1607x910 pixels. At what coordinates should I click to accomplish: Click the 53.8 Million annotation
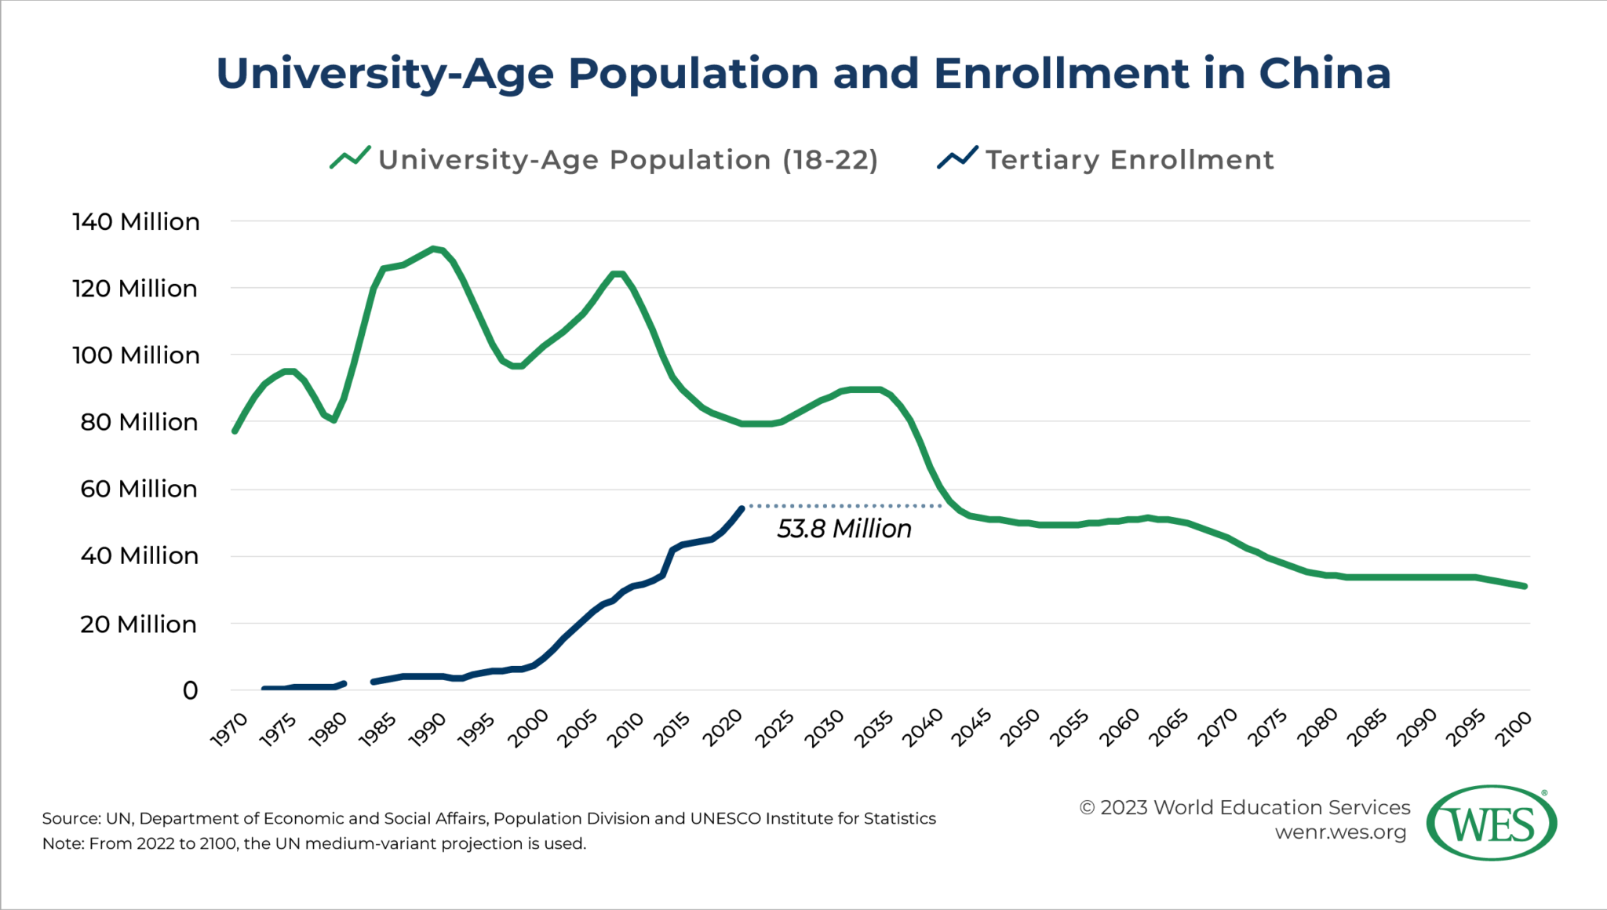(x=844, y=529)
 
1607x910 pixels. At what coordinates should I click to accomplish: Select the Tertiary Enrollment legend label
(x=1129, y=160)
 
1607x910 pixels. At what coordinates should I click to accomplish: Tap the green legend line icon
(x=350, y=158)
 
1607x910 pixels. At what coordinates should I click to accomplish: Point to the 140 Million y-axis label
(x=136, y=222)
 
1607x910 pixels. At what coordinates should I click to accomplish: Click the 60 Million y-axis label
(x=138, y=489)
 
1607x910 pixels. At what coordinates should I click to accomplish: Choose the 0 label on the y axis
(x=190, y=691)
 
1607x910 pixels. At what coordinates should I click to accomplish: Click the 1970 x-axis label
(x=230, y=729)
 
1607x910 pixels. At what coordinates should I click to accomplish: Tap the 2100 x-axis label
(x=1514, y=729)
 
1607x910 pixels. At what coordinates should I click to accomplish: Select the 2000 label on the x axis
(x=527, y=729)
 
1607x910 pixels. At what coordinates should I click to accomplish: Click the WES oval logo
(x=1492, y=823)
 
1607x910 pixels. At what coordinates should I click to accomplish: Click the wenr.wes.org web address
(x=1340, y=832)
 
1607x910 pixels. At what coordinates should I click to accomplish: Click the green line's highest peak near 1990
(x=433, y=249)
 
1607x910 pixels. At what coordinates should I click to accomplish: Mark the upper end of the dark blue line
(x=742, y=509)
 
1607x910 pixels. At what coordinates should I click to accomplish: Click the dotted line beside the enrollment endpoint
(x=844, y=506)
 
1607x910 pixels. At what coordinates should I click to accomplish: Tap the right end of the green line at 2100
(x=1524, y=586)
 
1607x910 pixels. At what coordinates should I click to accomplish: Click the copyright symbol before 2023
(x=1087, y=808)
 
